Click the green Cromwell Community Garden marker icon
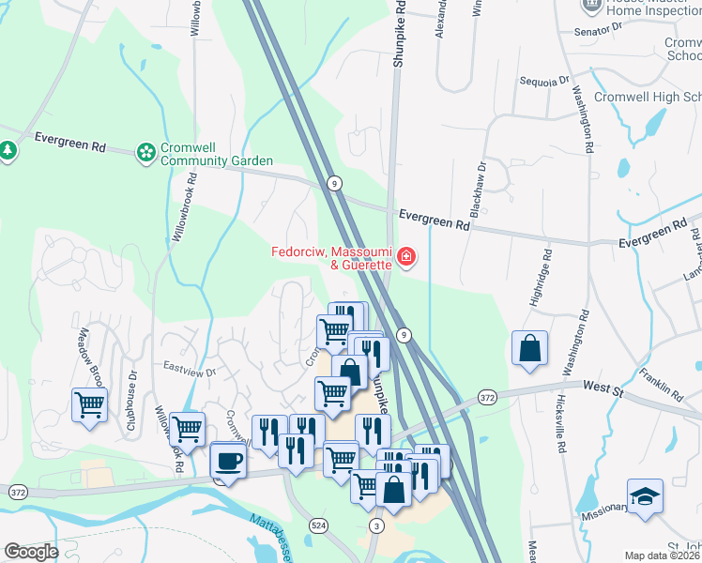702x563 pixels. pyautogui.click(x=145, y=151)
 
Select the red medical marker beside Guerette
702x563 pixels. pyautogui.click(x=406, y=256)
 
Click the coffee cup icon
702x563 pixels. pyautogui.click(x=228, y=461)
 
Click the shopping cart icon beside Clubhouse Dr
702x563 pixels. pyautogui.click(x=89, y=405)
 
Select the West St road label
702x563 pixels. pyautogui.click(x=603, y=386)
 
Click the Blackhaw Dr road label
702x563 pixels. pyautogui.click(x=478, y=190)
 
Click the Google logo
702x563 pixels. pyautogui.click(x=31, y=552)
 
